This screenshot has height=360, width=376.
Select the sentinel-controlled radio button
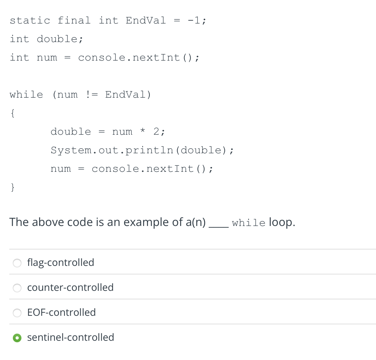pos(17,338)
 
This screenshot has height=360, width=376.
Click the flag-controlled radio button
pos(17,263)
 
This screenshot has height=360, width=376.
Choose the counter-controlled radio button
pos(17,288)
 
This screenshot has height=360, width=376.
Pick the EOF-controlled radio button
pos(17,313)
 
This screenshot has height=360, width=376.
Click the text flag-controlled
pos(61,263)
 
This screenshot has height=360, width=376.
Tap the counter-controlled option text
pos(70,287)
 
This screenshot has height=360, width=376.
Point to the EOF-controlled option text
pos(61,312)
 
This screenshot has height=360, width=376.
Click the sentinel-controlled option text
pos(71,337)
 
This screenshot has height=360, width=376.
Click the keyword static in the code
pos(30,20)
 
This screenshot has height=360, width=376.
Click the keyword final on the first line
pos(74,20)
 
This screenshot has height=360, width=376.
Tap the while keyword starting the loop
pos(26,95)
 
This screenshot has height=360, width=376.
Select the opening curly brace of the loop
pos(12,113)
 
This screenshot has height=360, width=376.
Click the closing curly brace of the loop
pos(12,187)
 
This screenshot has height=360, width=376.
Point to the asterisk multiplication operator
pos(143,132)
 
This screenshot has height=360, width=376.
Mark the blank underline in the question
pos(218,225)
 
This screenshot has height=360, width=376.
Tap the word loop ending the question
pos(282,222)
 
